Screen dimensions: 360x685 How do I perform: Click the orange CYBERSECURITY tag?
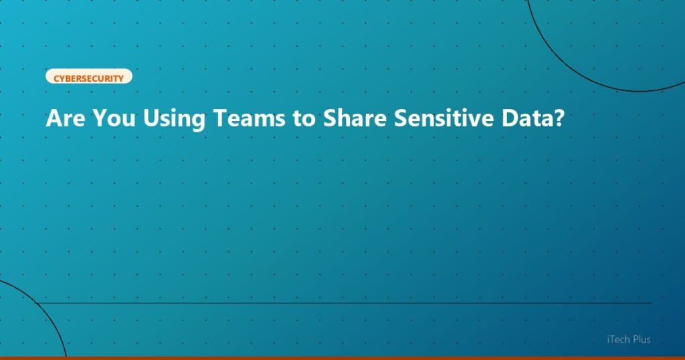pos(89,78)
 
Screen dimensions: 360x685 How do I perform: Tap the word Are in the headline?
pos(66,120)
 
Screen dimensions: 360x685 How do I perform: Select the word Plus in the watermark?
pos(640,340)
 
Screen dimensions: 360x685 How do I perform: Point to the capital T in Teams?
pos(219,120)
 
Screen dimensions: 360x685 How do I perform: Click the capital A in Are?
pos(54,120)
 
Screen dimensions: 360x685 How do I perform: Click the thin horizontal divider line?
pos(348,303)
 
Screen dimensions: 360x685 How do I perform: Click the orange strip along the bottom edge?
pos(342,358)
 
